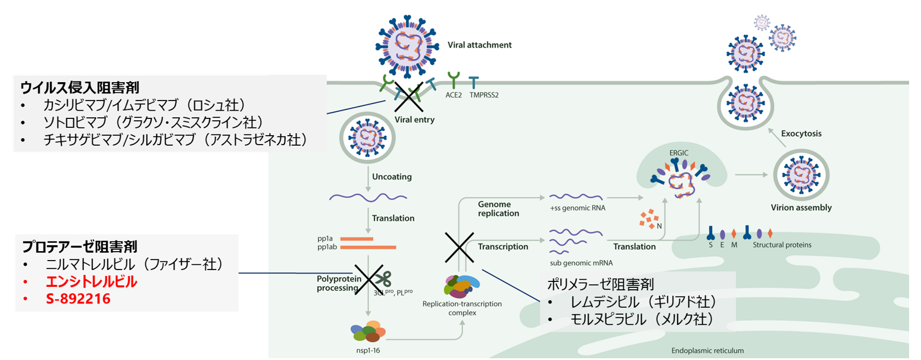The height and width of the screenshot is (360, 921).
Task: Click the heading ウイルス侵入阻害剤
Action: [x=80, y=87]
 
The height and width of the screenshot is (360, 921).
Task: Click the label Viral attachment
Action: [x=479, y=45]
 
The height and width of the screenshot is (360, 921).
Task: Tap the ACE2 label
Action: [x=454, y=93]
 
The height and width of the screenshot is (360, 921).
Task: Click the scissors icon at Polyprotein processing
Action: [x=382, y=278]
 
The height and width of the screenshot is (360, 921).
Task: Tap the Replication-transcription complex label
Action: [x=462, y=308]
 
